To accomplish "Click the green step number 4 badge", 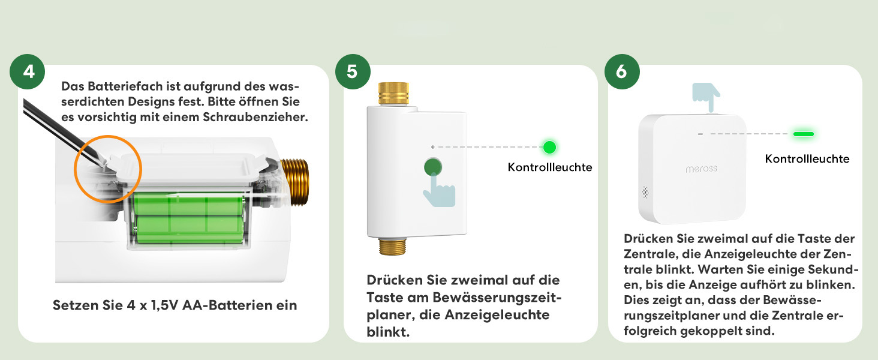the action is pyautogui.click(x=28, y=72).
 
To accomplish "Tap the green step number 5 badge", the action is pyautogui.click(x=353, y=72).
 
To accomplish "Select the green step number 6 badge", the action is pyautogui.click(x=622, y=72).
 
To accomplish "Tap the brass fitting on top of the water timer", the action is pyautogui.click(x=393, y=94).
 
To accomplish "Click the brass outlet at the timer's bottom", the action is pyautogui.click(x=393, y=247).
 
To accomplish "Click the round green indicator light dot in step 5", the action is pyautogui.click(x=549, y=147).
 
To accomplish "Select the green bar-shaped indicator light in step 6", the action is pyautogui.click(x=804, y=134).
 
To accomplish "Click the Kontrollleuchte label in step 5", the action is pyautogui.click(x=550, y=167).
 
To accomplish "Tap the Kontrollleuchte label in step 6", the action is pyautogui.click(x=807, y=159).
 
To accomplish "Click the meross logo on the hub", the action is pyautogui.click(x=701, y=169).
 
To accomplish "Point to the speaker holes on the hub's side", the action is pyautogui.click(x=645, y=192).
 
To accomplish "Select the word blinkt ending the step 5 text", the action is pyautogui.click(x=388, y=332).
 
